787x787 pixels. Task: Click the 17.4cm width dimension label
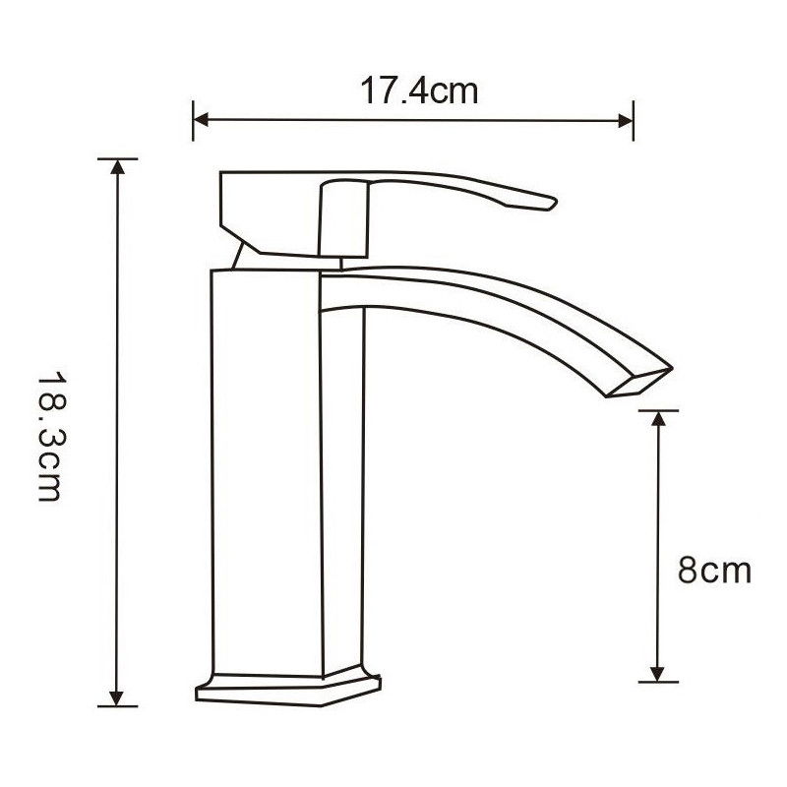419,91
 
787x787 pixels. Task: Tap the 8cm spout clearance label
714,570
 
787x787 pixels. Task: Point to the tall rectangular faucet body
268,472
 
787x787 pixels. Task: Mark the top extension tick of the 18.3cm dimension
118,157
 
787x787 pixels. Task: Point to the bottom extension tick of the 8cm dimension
658,681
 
